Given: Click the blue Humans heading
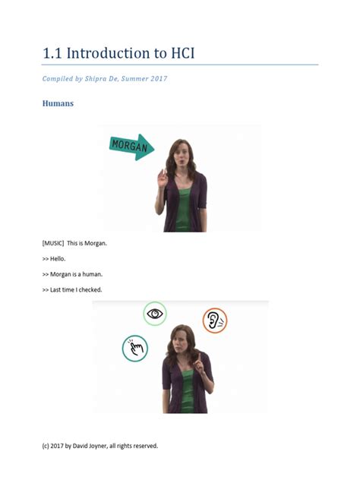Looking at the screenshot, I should coord(58,103).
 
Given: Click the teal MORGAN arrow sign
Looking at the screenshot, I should coord(131,147).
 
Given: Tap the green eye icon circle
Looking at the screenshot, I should coord(155,313).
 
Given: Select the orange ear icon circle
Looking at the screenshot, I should coord(215,321).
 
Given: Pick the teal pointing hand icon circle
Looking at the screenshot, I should coord(135,349).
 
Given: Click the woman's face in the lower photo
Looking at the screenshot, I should coord(182,339).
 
